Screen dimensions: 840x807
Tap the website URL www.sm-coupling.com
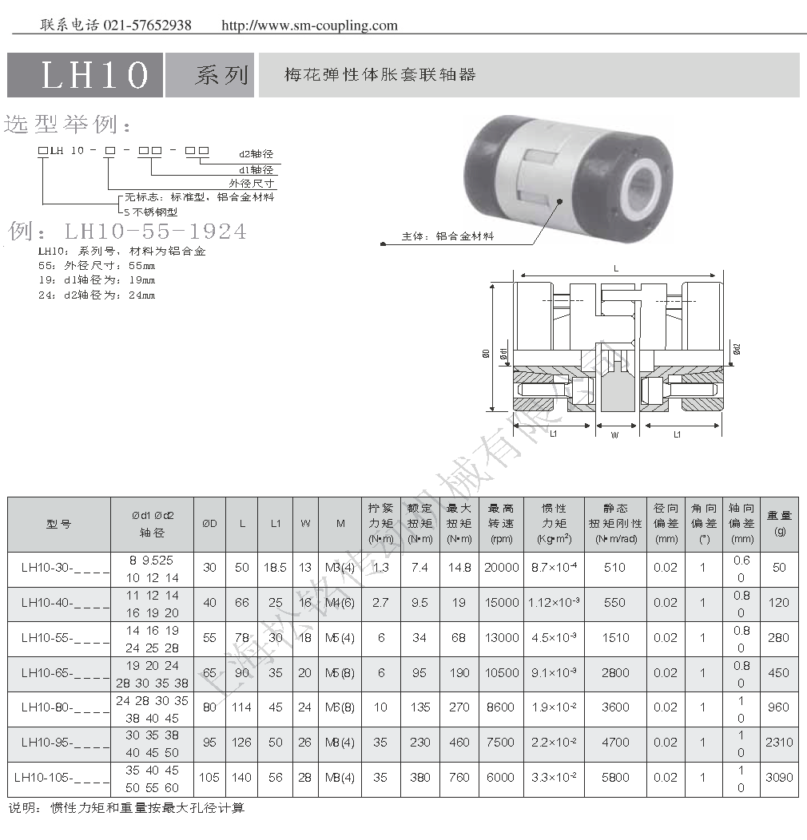point(308,25)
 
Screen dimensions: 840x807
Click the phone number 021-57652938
point(147,25)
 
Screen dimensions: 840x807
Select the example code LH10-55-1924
point(155,232)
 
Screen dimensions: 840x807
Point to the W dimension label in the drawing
point(614,435)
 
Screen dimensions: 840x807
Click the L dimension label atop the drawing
point(616,269)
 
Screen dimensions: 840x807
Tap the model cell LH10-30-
point(58,569)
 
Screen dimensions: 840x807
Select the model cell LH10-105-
point(58,777)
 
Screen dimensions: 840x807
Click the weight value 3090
point(778,777)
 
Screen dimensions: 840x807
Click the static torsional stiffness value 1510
point(614,638)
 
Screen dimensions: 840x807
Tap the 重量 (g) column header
point(778,523)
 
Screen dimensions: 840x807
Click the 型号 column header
point(58,524)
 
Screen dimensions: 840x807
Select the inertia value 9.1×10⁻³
point(554,672)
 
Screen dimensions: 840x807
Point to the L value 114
point(241,707)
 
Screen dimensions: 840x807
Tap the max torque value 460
point(459,742)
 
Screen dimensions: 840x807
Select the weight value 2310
point(778,742)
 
